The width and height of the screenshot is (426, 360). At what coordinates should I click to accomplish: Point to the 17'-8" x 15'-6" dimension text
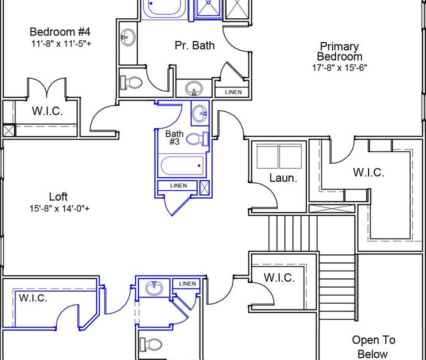point(339,67)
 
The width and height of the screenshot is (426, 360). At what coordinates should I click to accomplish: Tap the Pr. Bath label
point(194,45)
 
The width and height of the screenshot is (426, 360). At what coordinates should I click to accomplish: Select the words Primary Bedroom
point(339,51)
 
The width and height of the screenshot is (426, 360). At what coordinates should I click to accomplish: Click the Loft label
point(58,196)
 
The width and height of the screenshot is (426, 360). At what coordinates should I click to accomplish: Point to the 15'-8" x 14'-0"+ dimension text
point(59,208)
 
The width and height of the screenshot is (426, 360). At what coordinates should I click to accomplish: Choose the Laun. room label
point(283,178)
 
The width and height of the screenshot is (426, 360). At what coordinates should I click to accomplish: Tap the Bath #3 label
point(174,137)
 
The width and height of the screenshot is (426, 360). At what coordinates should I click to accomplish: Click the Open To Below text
point(373,347)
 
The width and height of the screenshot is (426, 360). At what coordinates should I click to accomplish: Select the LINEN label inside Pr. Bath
point(233,92)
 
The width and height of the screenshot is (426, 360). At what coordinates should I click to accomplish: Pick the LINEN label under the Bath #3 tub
point(178,186)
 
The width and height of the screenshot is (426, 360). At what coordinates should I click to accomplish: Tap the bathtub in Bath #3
point(181,165)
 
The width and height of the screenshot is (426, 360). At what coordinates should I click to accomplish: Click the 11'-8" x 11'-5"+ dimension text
point(60,43)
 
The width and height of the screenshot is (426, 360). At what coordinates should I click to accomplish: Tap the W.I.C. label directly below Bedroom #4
point(47,111)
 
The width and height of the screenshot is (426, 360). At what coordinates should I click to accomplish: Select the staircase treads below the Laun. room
point(292,232)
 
